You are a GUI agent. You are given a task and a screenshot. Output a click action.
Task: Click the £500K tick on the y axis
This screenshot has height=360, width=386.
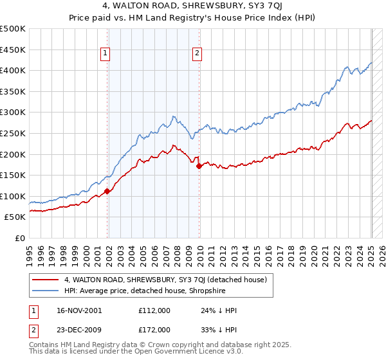[13, 29]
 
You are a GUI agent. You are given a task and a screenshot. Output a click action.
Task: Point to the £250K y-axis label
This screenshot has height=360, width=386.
[13, 133]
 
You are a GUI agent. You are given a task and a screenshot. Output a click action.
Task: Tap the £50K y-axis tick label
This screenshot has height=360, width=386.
[15, 217]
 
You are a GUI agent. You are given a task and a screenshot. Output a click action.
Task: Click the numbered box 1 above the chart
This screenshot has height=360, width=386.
[105, 54]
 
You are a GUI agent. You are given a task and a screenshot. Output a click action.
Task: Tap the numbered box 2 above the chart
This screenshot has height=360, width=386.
[197, 54]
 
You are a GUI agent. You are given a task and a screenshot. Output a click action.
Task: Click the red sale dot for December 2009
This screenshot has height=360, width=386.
[199, 166]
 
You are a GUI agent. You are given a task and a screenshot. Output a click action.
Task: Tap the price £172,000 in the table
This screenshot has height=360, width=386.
[154, 329]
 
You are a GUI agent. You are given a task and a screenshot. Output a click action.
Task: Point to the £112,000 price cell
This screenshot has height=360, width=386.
[154, 310]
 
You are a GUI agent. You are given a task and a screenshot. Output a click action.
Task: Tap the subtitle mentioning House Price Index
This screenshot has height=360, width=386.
[193, 20]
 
